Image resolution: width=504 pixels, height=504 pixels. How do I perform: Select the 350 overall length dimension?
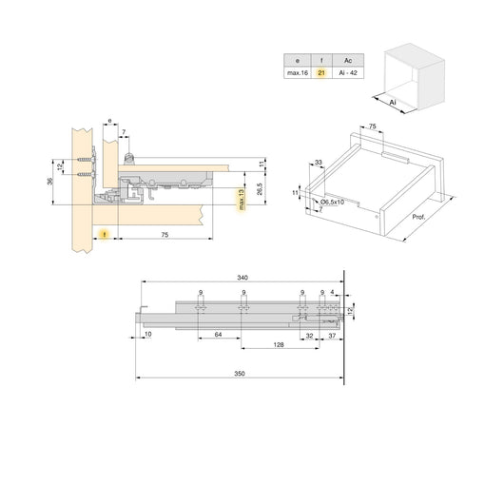240,374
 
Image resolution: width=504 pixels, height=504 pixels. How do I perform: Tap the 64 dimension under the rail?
219,334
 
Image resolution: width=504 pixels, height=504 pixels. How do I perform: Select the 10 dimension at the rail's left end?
147,334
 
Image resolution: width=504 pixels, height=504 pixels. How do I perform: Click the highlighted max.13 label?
242,202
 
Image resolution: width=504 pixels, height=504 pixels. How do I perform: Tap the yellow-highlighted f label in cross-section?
106,231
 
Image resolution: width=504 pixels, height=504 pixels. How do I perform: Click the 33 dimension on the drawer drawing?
317,162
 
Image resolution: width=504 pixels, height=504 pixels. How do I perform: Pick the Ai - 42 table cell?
347,72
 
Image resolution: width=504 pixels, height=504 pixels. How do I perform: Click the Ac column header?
347,58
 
